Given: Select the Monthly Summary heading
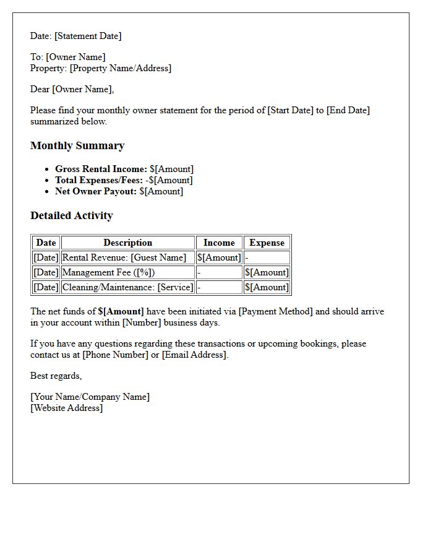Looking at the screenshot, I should [77, 146].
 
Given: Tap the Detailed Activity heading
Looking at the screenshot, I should [72, 216].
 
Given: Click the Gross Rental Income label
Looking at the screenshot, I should [101, 169].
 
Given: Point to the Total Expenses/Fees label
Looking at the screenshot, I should [99, 180].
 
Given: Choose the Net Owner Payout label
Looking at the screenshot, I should [96, 191].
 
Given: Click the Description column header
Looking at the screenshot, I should [127, 243].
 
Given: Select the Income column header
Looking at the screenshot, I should [219, 243].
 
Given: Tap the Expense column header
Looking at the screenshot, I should [267, 243].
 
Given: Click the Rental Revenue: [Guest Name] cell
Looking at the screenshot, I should [124, 257].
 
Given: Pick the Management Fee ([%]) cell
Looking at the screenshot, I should [109, 272].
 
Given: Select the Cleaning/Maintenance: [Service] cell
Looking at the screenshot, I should [127, 287].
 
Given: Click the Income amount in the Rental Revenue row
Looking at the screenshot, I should [219, 257].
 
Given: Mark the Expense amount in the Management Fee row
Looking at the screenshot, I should [267, 272].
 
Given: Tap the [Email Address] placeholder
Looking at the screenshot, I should [194, 355].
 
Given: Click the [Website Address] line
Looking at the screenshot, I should [67, 408].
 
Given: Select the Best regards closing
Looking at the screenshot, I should [56, 376].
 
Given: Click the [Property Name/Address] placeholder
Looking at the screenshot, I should [120, 68].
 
